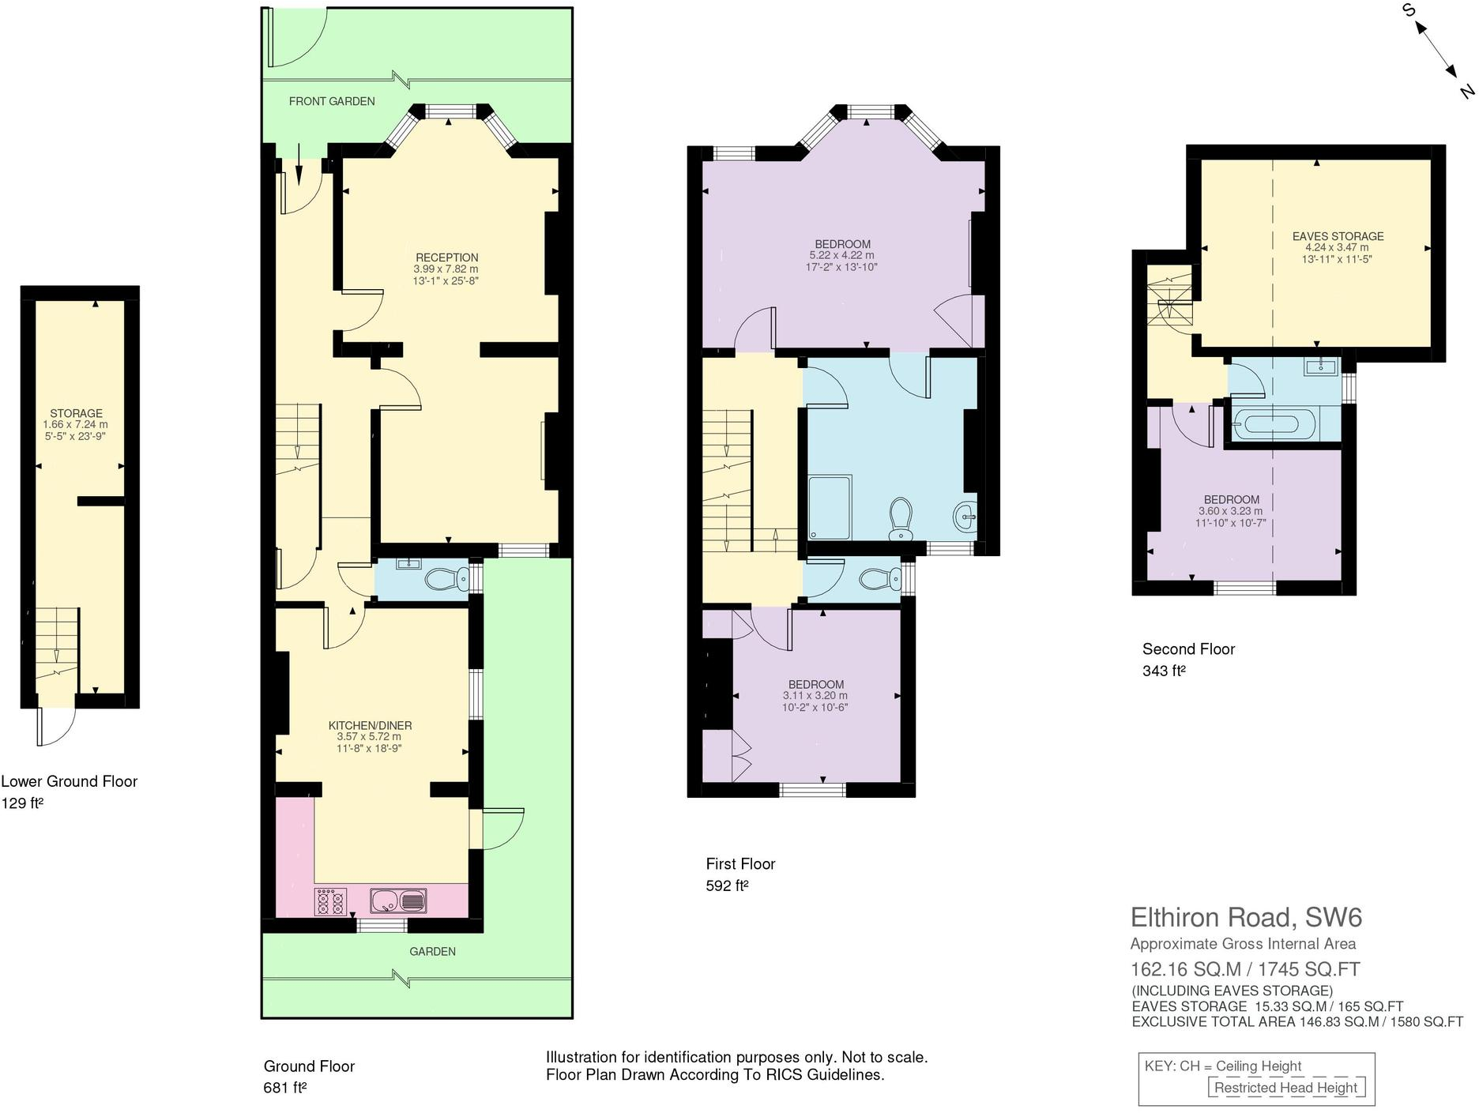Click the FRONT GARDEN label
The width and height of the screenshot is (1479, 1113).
332,101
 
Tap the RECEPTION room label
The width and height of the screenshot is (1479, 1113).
446,258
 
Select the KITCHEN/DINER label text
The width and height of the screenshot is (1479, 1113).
370,725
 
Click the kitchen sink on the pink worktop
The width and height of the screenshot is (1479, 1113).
398,901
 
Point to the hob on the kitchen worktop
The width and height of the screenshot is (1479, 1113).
331,901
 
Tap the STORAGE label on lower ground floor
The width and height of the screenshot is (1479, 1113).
76,413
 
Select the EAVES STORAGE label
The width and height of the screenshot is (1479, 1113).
1338,236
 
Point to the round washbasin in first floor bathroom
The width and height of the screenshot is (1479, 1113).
966,519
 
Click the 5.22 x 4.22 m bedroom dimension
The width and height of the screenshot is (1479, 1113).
841,256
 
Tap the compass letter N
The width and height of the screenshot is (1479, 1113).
1466,92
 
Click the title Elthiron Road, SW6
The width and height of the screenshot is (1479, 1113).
1246,917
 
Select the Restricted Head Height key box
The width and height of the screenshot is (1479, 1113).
1285,1088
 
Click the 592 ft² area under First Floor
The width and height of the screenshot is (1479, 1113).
727,886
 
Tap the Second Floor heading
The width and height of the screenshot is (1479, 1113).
1187,649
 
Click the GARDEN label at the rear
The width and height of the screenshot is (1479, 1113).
432,951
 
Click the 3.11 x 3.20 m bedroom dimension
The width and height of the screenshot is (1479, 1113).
815,696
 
